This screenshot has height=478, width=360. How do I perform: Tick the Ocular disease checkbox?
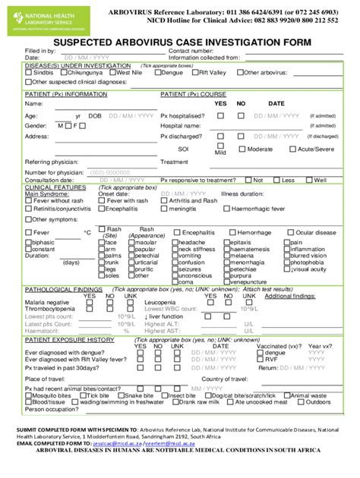[x=292, y=233]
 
